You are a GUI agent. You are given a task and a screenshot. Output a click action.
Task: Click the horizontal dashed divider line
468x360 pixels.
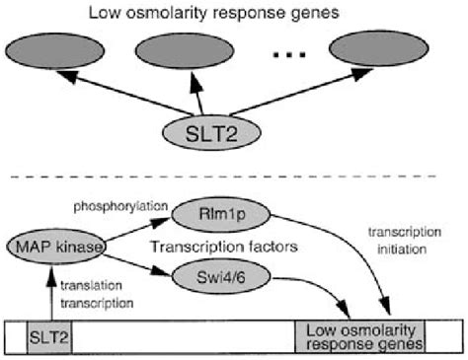pyautogui.click(x=234, y=178)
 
